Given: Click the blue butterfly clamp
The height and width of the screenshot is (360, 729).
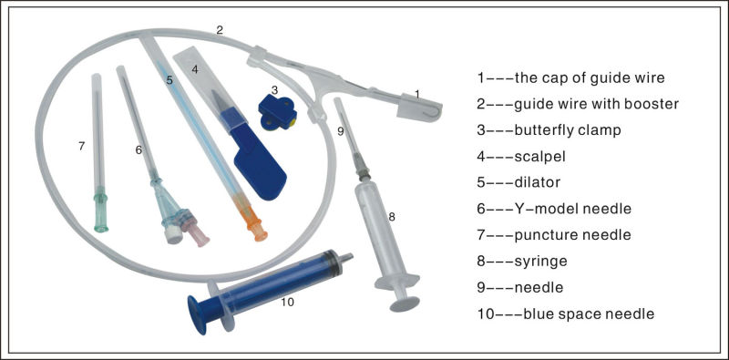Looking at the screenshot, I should tap(276, 112).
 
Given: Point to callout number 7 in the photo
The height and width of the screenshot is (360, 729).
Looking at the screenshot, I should tap(81, 145).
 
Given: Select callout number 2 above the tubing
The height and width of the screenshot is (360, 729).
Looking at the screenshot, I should tap(220, 30).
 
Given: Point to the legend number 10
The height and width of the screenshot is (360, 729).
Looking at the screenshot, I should tap(486, 314).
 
